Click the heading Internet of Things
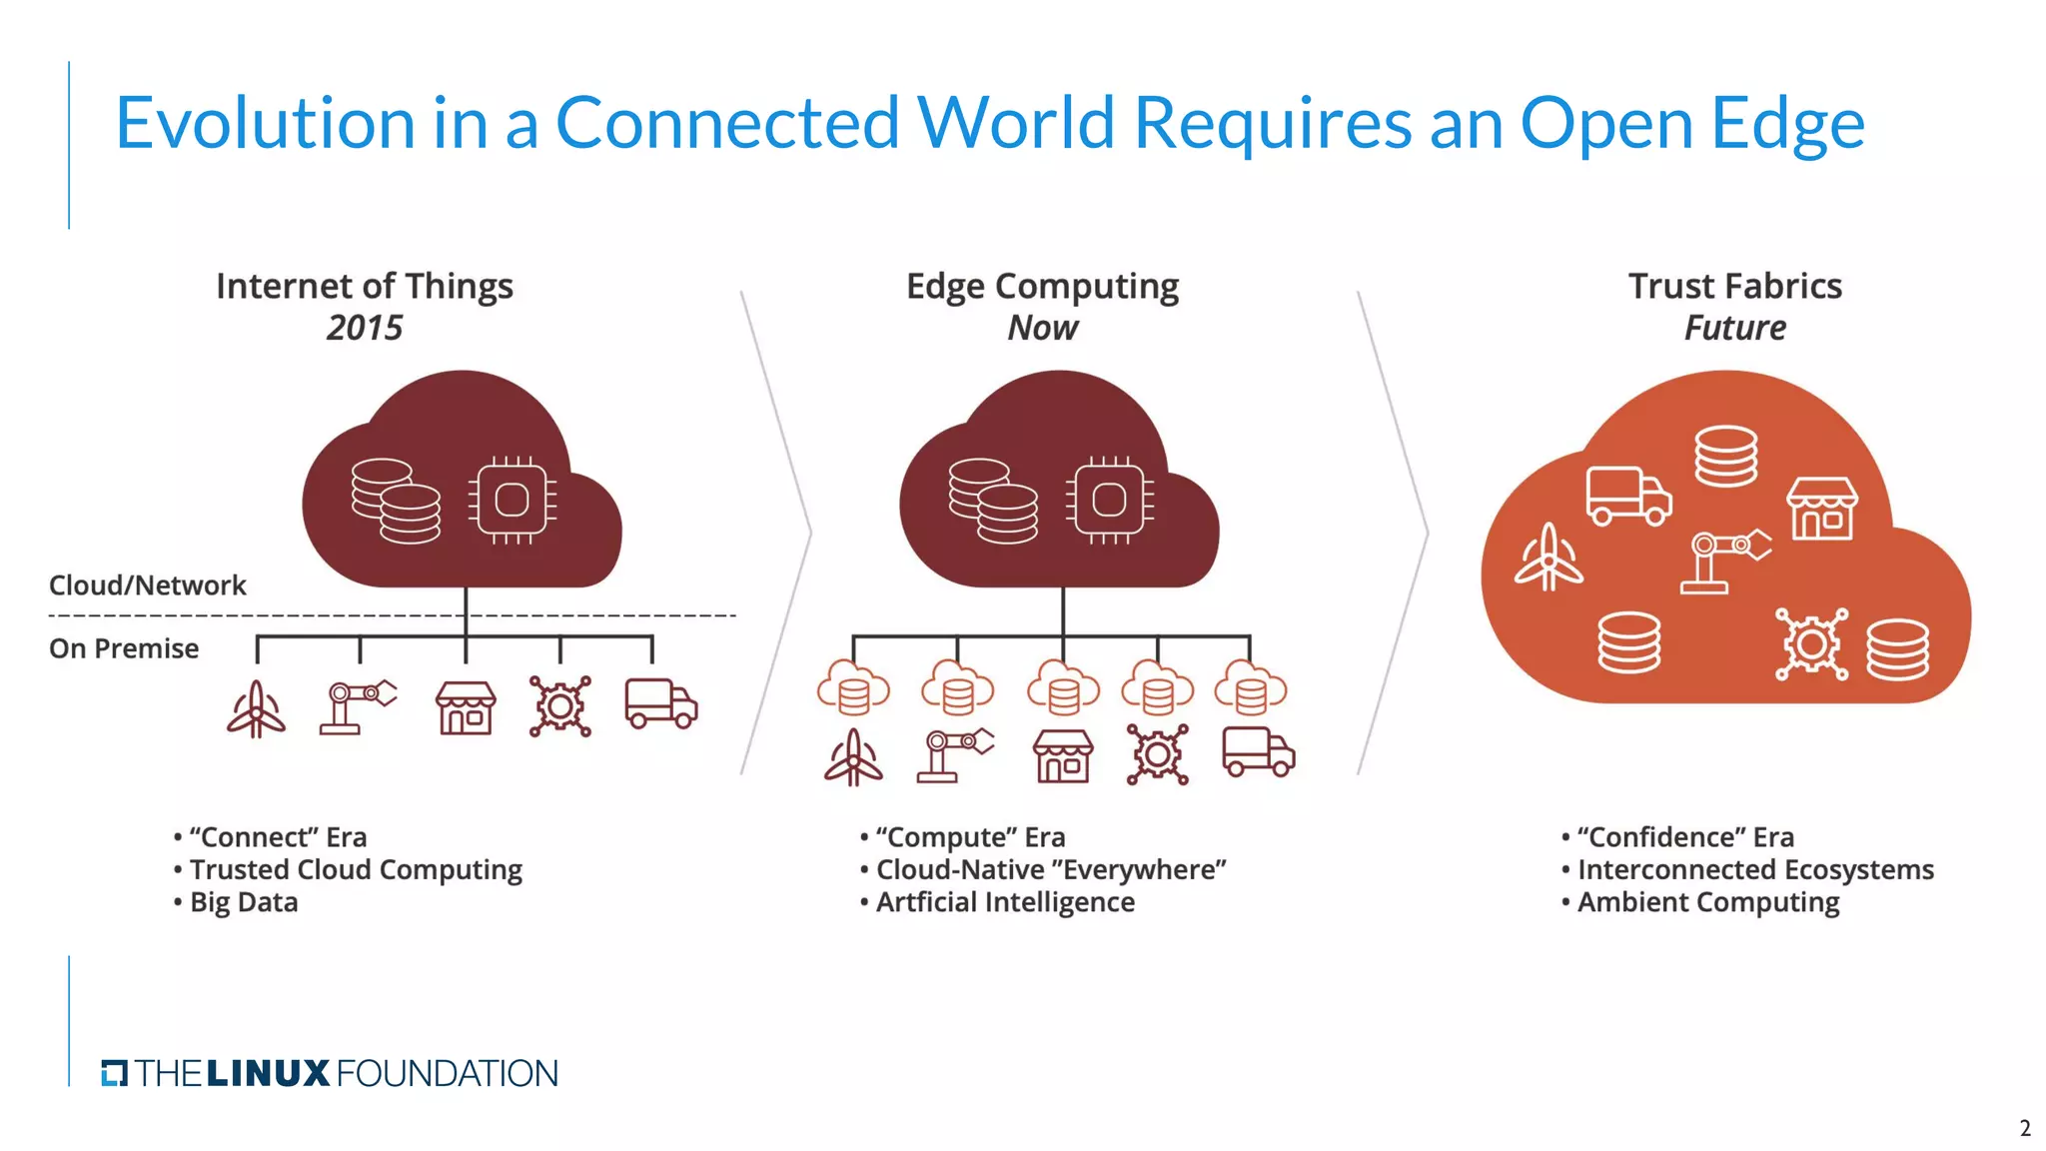365,286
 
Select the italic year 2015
365,328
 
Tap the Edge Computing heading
1042,286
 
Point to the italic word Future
1735,328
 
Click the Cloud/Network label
147,585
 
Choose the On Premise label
124,648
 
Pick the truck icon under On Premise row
660,704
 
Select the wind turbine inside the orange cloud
1548,559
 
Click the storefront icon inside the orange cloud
1822,509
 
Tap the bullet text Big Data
244,902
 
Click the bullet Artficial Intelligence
1005,902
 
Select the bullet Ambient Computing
1708,902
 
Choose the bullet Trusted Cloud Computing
356,869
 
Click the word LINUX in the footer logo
268,1074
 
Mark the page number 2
2025,1128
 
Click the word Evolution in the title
265,123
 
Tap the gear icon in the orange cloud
1811,644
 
